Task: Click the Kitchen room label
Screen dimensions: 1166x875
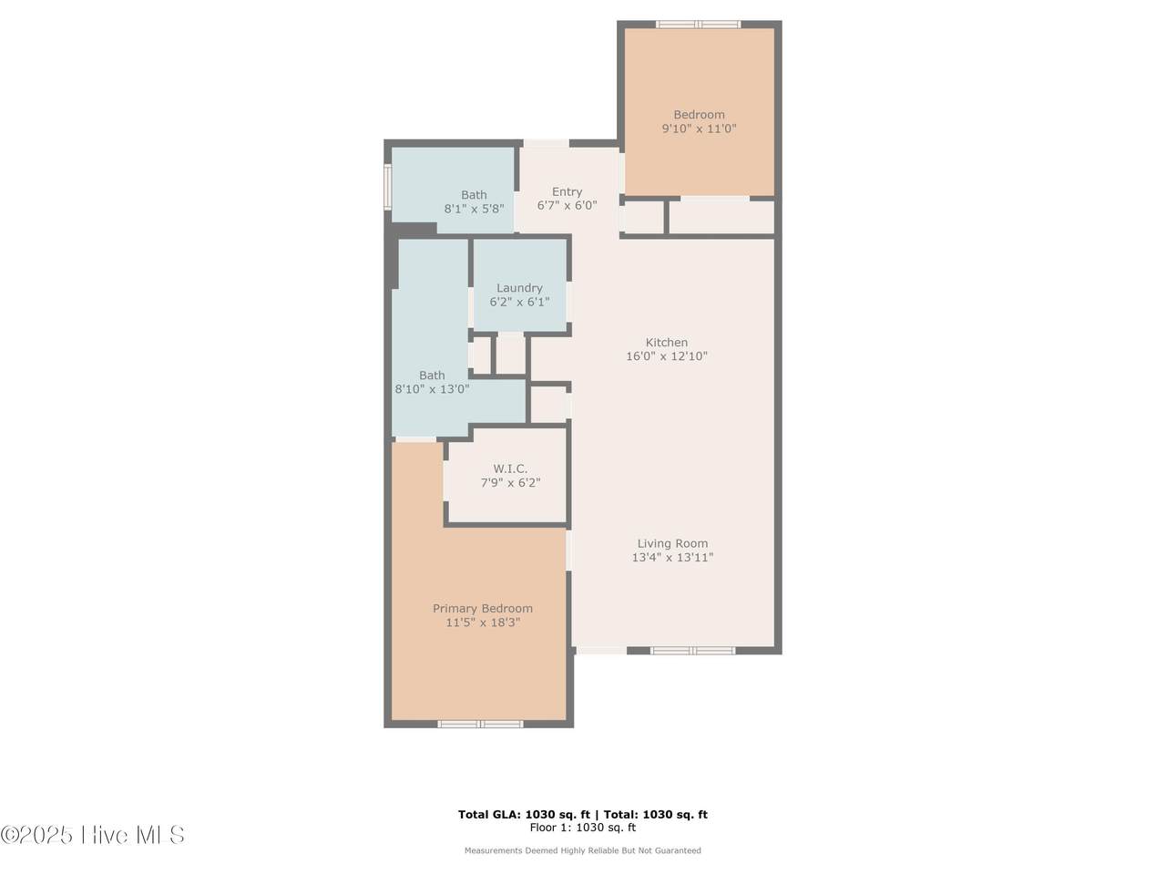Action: tap(666, 342)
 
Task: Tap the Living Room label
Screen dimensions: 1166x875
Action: tap(672, 543)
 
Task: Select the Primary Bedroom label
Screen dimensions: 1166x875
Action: tap(482, 608)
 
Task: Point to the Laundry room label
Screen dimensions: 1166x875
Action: tap(519, 288)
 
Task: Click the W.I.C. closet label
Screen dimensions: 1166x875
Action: tap(510, 468)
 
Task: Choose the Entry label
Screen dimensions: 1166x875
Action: tap(567, 191)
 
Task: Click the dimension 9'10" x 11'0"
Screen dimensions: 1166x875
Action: tap(699, 128)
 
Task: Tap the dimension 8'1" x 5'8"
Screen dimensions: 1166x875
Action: tap(474, 208)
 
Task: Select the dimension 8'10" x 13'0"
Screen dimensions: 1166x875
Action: tap(432, 389)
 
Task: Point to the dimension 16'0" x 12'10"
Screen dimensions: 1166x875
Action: tap(667, 356)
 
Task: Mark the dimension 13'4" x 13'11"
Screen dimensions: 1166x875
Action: tap(672, 557)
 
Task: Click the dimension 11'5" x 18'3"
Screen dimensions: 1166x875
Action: tap(482, 623)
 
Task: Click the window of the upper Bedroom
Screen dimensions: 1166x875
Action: tap(698, 24)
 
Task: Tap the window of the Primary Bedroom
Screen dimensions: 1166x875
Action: tap(480, 724)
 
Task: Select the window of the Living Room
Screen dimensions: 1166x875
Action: tap(693, 650)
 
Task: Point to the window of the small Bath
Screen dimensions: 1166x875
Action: tap(388, 184)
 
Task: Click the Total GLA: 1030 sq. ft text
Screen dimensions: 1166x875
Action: tap(524, 815)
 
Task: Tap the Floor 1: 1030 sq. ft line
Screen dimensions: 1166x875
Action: tap(583, 828)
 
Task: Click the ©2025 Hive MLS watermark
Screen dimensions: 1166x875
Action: tap(92, 835)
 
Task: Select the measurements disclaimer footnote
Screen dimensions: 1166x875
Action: tap(583, 850)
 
